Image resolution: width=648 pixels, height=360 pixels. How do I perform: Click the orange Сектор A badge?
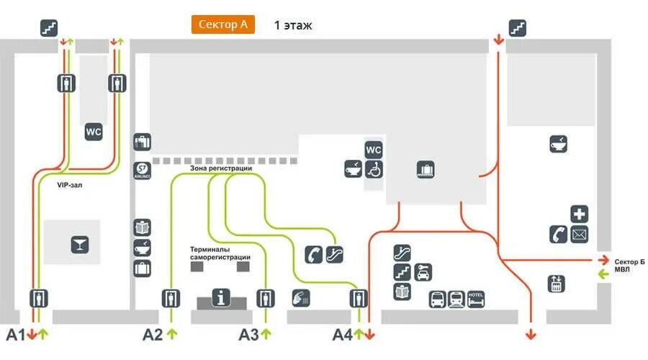(x=222, y=24)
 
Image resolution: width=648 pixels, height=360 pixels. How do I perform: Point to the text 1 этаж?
(x=293, y=25)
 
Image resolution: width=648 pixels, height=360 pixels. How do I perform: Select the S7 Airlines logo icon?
(x=143, y=171)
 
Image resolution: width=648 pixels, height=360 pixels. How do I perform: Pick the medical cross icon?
(x=580, y=214)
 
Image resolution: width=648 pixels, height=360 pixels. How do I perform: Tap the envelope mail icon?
(x=580, y=234)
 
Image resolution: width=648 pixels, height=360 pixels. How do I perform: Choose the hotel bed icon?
(x=476, y=298)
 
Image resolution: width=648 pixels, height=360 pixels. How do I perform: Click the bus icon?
(x=438, y=298)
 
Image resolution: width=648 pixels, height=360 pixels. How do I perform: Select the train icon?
(x=456, y=298)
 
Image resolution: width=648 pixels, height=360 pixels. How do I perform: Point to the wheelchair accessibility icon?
(x=374, y=169)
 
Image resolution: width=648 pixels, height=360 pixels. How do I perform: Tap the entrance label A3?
(x=249, y=334)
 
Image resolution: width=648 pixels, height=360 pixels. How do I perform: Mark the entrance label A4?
(x=342, y=334)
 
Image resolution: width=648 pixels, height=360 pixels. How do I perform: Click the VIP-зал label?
(x=72, y=185)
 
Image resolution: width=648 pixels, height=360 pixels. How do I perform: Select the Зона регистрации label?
(x=221, y=168)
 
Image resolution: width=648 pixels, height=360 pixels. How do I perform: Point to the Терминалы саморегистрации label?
(x=220, y=253)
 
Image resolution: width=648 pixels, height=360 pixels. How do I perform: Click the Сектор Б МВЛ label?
(x=629, y=265)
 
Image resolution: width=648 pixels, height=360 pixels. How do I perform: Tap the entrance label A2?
(x=153, y=334)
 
